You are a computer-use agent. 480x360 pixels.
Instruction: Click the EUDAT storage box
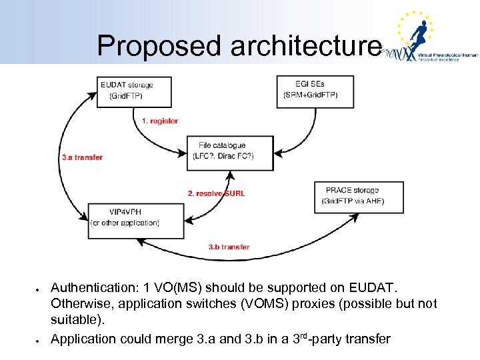pos(135,91)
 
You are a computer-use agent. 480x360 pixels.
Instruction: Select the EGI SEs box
pos(315,91)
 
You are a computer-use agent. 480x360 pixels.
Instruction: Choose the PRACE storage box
pos(359,197)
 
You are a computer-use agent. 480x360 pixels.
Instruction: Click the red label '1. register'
pos(160,121)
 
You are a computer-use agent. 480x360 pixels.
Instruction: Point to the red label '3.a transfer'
pos(82,157)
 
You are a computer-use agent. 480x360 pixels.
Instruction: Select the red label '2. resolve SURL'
pos(216,193)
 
